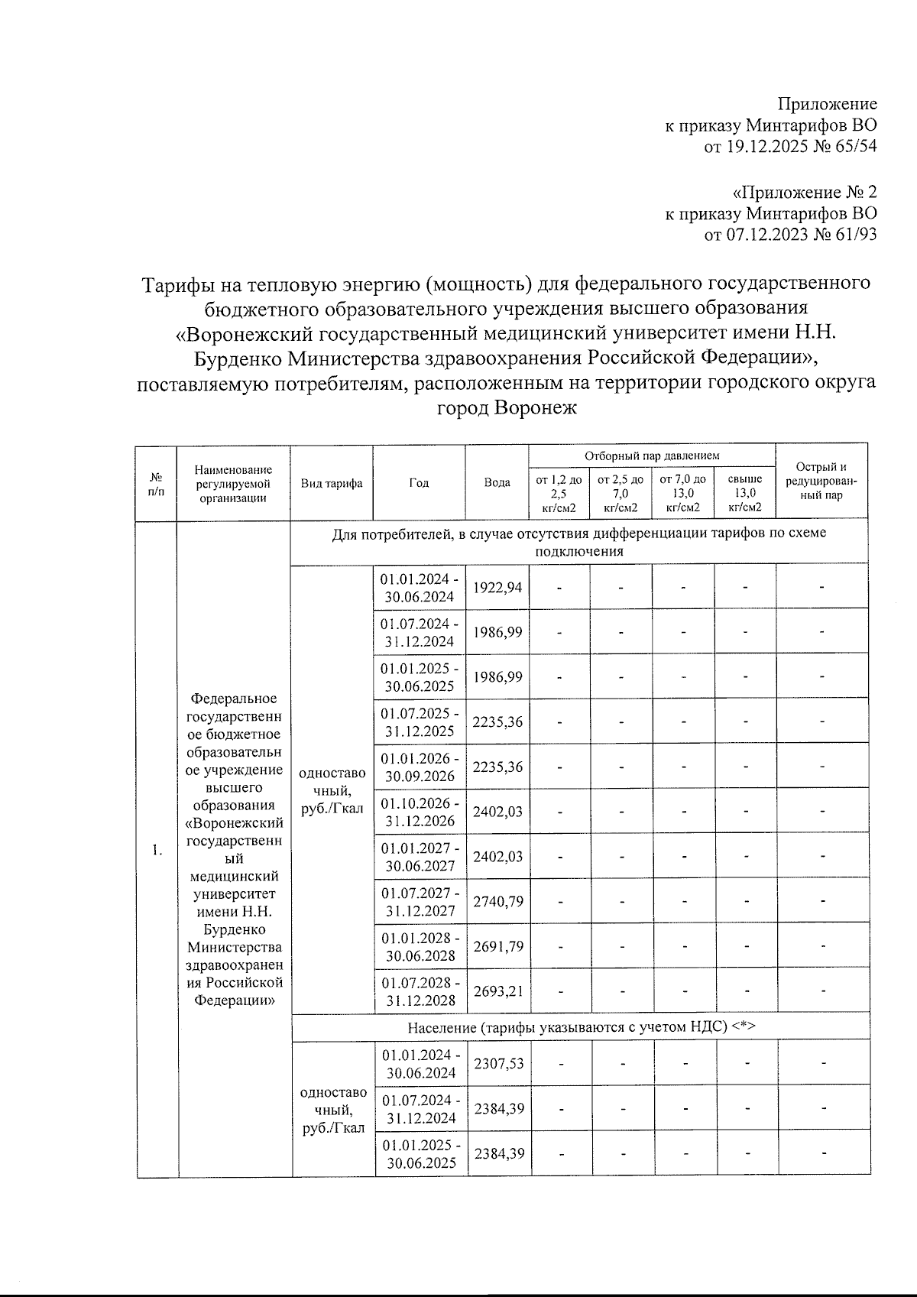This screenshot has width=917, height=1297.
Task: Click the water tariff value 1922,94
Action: click(497, 588)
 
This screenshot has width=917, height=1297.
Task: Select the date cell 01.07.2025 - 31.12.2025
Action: click(420, 722)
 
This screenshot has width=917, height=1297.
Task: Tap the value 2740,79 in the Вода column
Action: click(498, 902)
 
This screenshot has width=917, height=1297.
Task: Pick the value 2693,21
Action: click(498, 991)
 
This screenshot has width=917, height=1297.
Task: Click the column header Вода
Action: click(497, 483)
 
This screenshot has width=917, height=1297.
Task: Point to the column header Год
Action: click(419, 483)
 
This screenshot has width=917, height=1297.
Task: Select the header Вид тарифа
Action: click(332, 483)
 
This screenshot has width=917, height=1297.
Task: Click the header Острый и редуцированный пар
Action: click(821, 481)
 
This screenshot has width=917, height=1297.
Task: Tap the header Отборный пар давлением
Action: click(652, 456)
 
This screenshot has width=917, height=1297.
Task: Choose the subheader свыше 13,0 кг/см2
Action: click(745, 493)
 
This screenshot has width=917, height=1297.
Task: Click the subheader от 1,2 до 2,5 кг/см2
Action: click(559, 493)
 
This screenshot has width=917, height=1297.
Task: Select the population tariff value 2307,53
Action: click(499, 1063)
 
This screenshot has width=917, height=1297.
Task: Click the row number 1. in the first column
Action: click(157, 851)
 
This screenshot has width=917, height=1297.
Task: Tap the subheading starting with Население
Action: click(581, 1027)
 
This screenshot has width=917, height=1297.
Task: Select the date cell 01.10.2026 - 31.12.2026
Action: click(420, 812)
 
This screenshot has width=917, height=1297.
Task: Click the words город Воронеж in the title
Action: click(506, 408)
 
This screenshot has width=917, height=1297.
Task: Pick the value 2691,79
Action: click(498, 946)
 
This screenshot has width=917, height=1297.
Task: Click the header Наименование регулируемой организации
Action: click(233, 483)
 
